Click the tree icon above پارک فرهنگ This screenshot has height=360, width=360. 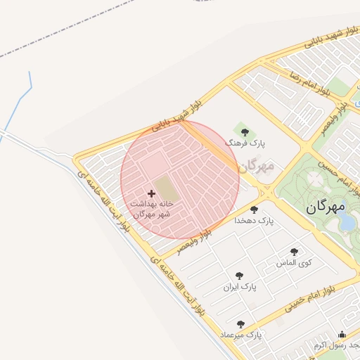[245, 131]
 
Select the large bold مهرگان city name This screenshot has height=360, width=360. [326, 207]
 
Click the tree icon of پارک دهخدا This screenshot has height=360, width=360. [254, 210]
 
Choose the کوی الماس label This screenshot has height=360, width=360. [294, 263]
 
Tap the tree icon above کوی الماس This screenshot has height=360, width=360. [294, 252]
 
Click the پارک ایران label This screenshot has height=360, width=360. [240, 287]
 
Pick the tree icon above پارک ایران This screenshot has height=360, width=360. [239, 276]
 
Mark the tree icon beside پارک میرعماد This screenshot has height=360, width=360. [240, 324]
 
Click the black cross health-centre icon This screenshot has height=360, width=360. [151, 193]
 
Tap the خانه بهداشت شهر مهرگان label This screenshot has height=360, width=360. [153, 208]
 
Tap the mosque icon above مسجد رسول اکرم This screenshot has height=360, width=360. [342, 334]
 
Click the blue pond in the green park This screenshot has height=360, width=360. [347, 222]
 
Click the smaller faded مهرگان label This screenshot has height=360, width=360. [255, 167]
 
